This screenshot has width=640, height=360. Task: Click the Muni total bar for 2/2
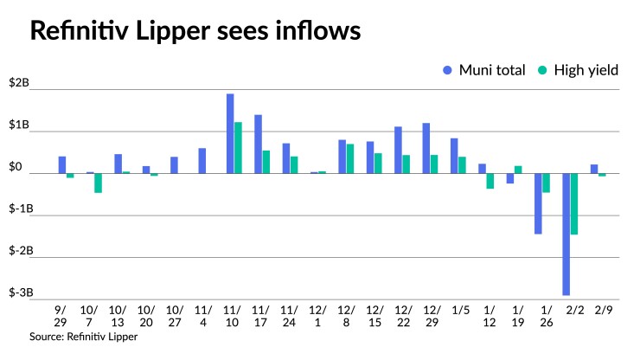click(x=566, y=234)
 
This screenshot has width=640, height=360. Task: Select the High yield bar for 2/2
click(x=574, y=203)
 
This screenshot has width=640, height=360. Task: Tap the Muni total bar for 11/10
click(x=230, y=133)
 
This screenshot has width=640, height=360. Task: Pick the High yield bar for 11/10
click(x=238, y=148)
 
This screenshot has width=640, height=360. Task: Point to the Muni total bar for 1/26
click(x=538, y=203)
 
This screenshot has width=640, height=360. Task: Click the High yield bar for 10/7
click(x=99, y=183)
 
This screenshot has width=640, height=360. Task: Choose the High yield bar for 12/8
click(x=350, y=158)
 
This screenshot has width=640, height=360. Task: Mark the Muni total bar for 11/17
click(x=258, y=144)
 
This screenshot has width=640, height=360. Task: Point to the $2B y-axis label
click(x=19, y=84)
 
